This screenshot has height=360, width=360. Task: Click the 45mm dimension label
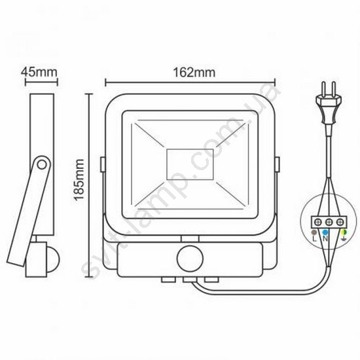click(x=39, y=72)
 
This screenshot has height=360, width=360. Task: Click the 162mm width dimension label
click(x=194, y=72)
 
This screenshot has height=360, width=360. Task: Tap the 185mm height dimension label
click(x=79, y=180)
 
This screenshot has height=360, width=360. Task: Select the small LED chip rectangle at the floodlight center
click(x=190, y=164)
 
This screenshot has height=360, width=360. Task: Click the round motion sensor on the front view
click(x=190, y=259)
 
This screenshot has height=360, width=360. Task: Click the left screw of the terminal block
click(x=319, y=223)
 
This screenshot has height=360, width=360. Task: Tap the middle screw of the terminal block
click(x=329, y=223)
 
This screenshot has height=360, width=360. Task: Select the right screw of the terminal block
click(x=340, y=223)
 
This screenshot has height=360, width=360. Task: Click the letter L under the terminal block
click(x=315, y=238)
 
